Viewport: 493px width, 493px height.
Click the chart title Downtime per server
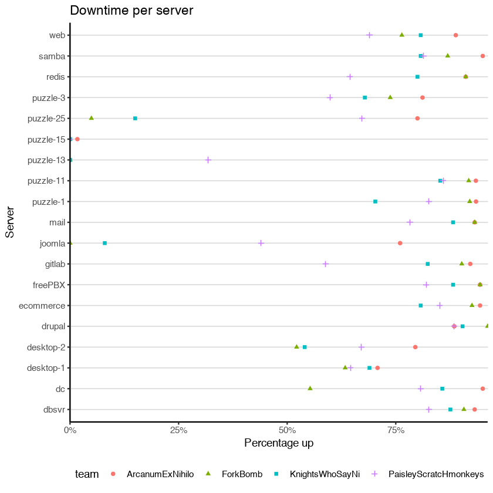pos(131,11)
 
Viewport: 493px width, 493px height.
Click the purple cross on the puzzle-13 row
pos(208,160)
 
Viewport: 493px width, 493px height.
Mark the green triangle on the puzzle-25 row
pos(91,118)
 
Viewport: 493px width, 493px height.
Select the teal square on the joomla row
pos(104,243)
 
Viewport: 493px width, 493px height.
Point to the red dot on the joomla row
pos(400,243)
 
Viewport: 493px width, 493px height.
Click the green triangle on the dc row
pos(310,389)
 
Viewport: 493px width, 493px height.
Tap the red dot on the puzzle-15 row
pos(77,139)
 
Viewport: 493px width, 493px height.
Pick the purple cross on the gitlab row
pos(325,264)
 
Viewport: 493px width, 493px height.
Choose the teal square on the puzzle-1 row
pos(375,201)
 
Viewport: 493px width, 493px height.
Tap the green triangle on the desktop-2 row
pos(296,347)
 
